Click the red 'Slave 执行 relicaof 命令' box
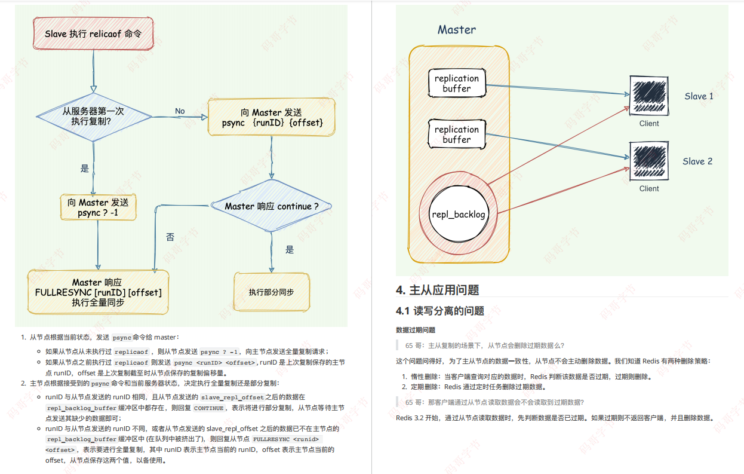coord(93,34)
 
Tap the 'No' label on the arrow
coord(180,111)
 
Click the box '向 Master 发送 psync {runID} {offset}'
coord(272,118)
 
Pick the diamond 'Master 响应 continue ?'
coord(272,206)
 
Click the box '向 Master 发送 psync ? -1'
coord(99,207)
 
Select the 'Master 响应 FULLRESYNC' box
coord(99,292)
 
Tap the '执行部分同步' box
coord(272,292)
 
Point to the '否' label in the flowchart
coord(170,237)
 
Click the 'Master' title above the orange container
coord(457,30)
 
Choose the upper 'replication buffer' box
coord(457,84)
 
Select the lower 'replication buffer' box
coord(457,134)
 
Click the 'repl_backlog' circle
coord(459,214)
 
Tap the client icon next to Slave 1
coord(649,96)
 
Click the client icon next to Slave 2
coord(649,161)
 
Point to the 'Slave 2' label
coord(697,161)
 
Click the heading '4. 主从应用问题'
coord(438,290)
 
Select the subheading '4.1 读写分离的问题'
coord(440,311)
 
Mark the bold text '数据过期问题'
coord(416,330)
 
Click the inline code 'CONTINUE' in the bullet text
coord(208,408)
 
